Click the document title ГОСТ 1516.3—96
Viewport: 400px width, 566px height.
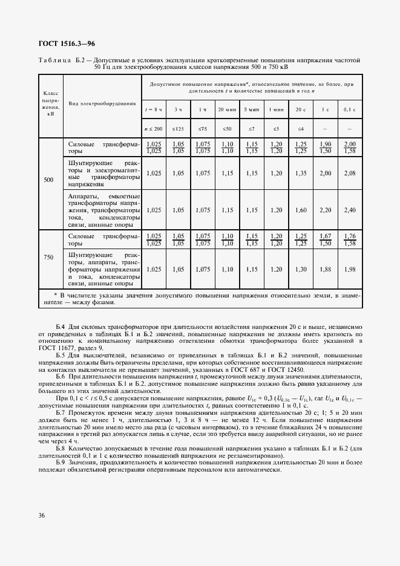coord(67,44)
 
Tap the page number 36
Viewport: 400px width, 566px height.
coord(42,515)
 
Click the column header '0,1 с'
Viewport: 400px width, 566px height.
coord(349,109)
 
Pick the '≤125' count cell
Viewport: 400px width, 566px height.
coord(178,129)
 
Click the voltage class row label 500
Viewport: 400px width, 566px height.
coord(50,180)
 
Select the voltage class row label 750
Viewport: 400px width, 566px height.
coord(50,258)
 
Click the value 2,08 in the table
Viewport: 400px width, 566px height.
coord(349,173)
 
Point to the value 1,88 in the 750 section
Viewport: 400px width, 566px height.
coord(325,269)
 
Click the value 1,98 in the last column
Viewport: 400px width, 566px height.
coord(349,269)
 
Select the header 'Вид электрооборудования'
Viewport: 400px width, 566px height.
coord(102,103)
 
